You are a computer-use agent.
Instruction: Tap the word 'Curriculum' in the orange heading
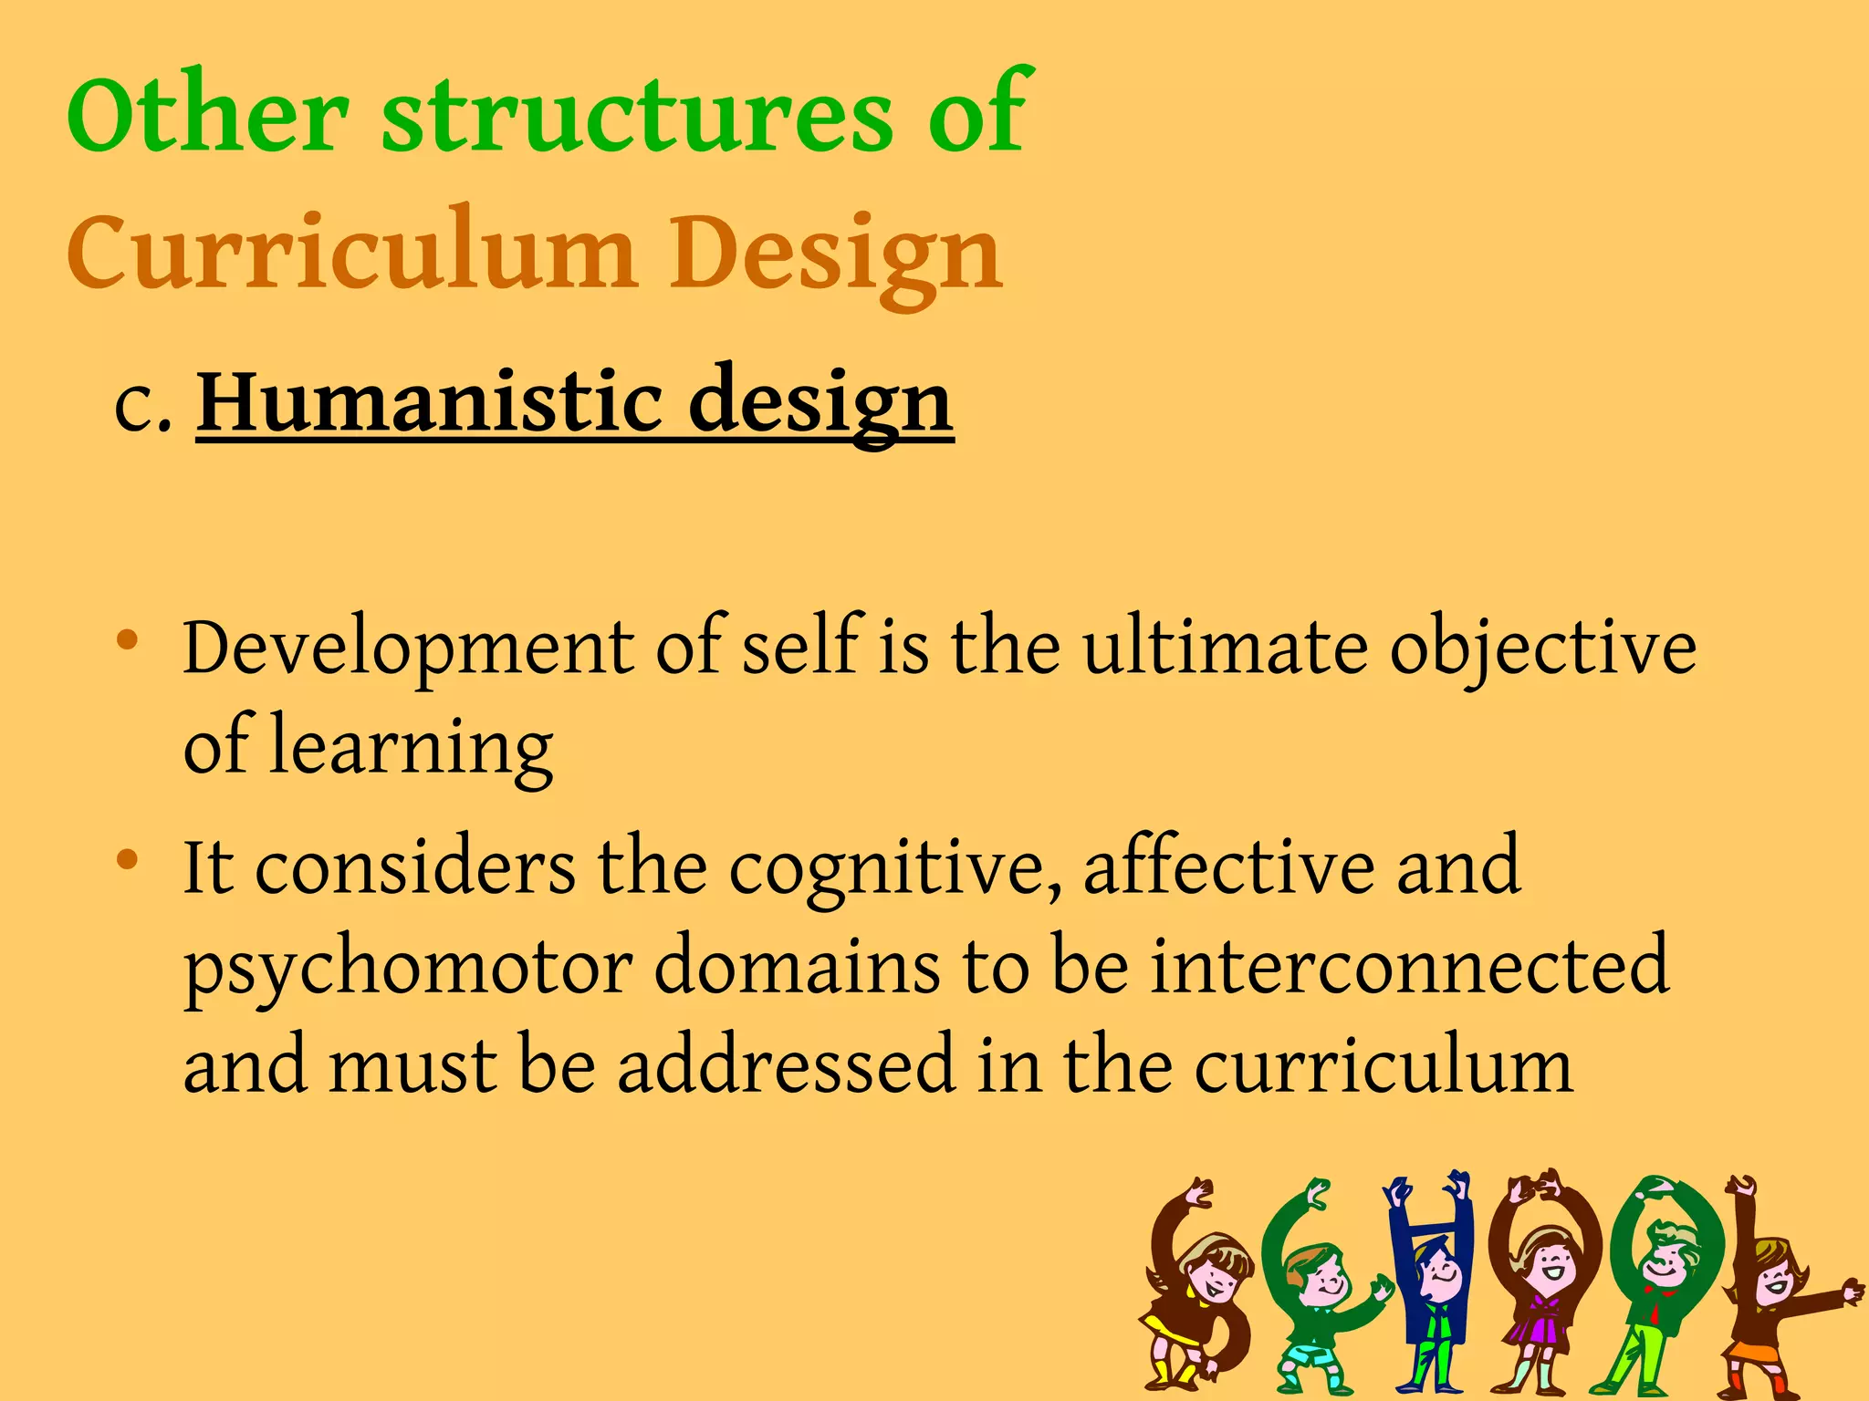coord(351,252)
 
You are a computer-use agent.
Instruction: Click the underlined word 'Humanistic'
coord(430,401)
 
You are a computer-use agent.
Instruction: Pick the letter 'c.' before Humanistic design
coord(142,406)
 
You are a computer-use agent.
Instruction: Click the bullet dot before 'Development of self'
coord(128,638)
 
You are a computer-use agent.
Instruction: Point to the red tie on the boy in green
coord(1654,1314)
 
